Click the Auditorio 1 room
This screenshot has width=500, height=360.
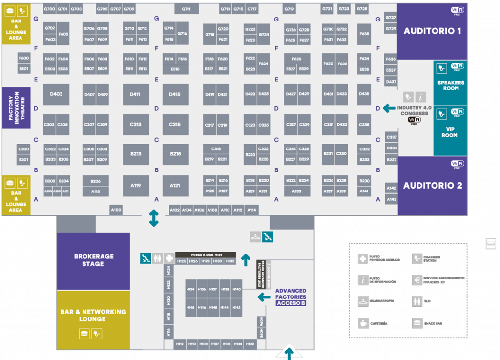(432, 32)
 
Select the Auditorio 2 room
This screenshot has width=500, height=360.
(432, 186)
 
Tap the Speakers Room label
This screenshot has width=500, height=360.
(451, 85)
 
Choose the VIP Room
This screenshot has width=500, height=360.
(450, 132)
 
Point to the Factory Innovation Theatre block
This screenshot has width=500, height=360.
(17, 108)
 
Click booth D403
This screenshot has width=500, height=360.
(57, 94)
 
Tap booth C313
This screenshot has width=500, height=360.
(136, 125)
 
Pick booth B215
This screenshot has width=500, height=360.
(175, 154)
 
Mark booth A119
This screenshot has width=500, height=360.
(136, 186)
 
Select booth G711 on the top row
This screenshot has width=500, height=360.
(186, 9)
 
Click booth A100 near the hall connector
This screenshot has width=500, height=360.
(116, 210)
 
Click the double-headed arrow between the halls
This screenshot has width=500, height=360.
(154, 218)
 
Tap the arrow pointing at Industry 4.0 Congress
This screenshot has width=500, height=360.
(389, 108)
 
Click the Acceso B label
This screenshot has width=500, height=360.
(291, 303)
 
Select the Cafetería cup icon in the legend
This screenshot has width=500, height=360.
(363, 323)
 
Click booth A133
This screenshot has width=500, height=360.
(296, 191)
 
